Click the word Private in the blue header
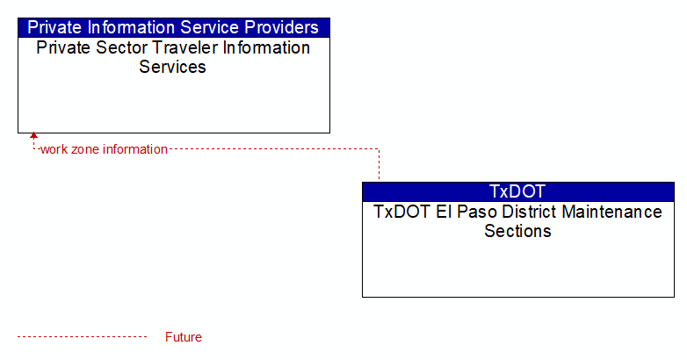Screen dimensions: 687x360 (x=54, y=27)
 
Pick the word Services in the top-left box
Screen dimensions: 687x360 (x=172, y=67)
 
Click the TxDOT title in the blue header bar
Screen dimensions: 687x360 (x=517, y=191)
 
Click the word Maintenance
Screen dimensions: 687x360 (x=612, y=212)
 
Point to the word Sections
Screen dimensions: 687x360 (x=517, y=231)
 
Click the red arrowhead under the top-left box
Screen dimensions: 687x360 (x=33, y=136)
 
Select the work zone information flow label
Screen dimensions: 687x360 (x=104, y=149)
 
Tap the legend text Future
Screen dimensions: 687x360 (x=184, y=337)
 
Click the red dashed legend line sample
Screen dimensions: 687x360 (x=82, y=337)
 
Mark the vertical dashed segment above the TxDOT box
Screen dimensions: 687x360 (x=379, y=164)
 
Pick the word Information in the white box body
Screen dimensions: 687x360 (x=266, y=47)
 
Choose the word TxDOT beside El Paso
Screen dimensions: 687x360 (x=401, y=212)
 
